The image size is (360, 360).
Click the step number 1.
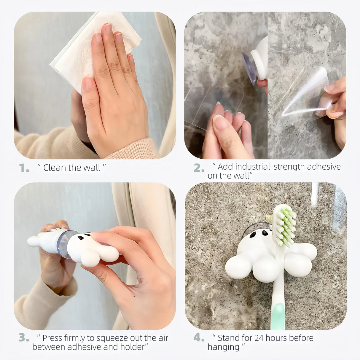[23, 168]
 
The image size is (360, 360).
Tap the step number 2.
[198, 168]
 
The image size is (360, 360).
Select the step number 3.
[24, 338]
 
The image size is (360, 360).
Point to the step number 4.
[198, 338]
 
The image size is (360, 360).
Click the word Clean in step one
[55, 168]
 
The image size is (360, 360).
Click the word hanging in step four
[223, 347]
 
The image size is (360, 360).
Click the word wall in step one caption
[92, 168]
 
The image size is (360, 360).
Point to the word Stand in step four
[228, 338]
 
